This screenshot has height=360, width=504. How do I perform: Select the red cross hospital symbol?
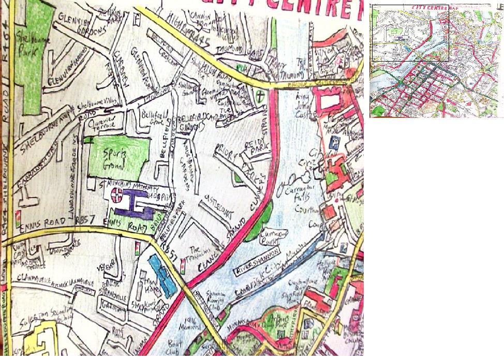click(x=117, y=196)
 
